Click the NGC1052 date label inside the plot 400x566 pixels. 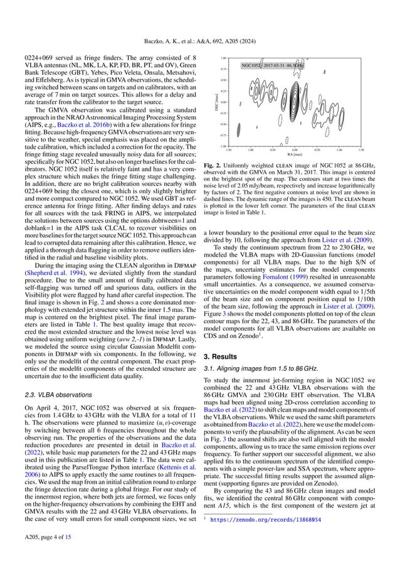pyautogui.click(x=273, y=64)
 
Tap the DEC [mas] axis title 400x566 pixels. pyautogui.click(x=215, y=102)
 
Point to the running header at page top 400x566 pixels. pyautogui.click(x=200, y=26)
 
